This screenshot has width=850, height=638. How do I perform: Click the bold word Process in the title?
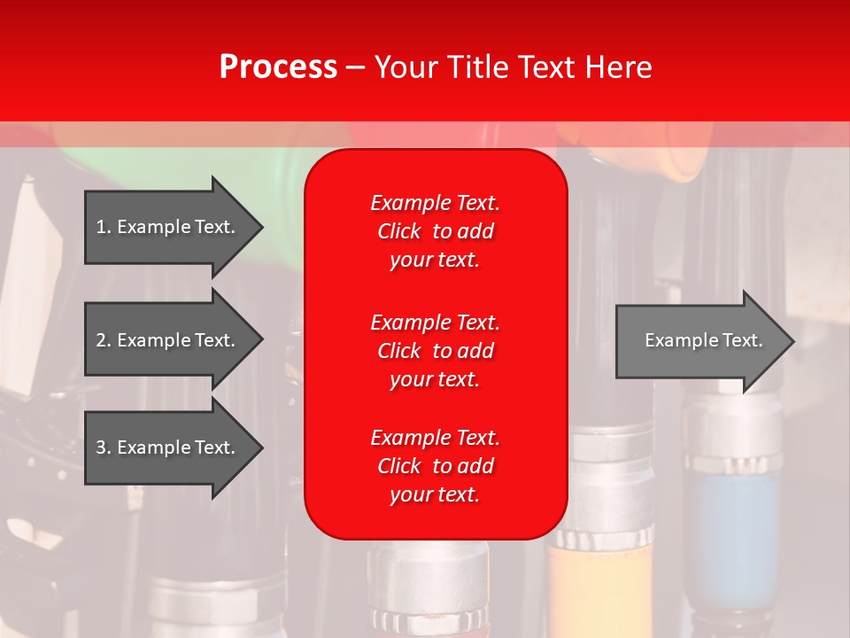278,66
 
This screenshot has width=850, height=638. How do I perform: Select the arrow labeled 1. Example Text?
168,227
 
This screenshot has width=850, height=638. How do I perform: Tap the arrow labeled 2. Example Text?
168,340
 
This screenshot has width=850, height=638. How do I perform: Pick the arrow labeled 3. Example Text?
168,447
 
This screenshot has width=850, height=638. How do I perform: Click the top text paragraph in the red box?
435,231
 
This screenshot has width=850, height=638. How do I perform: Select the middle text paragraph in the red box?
435,351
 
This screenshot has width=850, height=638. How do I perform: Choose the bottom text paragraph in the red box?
435,466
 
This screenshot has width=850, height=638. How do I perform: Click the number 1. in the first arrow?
104,227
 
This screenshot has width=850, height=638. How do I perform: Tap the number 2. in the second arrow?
104,340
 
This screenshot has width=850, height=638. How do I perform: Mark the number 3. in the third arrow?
104,447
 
